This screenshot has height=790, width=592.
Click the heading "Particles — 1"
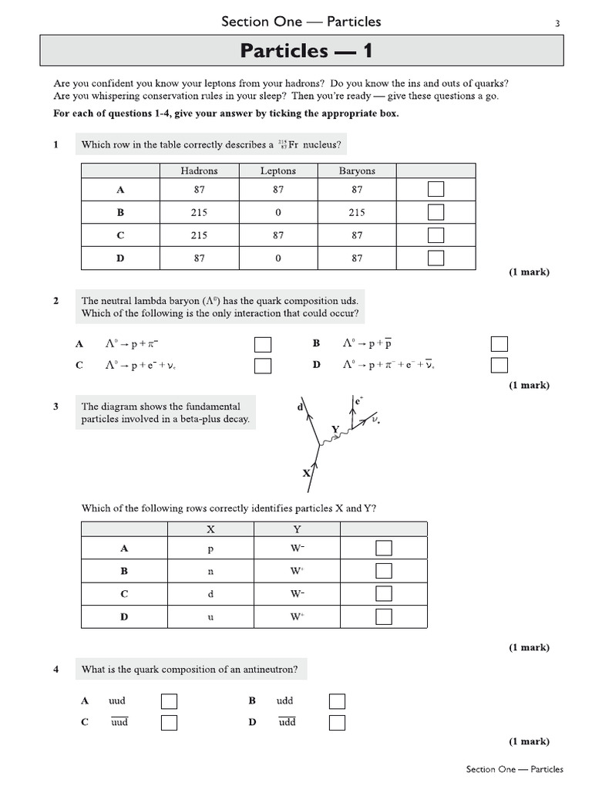pyautogui.click(x=307, y=51)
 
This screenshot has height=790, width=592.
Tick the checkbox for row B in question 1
pyautogui.click(x=436, y=212)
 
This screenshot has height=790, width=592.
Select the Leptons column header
pyautogui.click(x=277, y=170)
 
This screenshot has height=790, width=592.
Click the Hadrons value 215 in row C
pyautogui.click(x=199, y=235)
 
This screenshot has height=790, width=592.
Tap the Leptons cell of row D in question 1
pyautogui.click(x=277, y=258)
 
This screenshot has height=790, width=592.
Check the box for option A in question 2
pyautogui.click(x=263, y=344)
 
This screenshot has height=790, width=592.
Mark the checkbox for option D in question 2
pyautogui.click(x=499, y=365)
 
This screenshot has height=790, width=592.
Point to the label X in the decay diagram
pyautogui.click(x=306, y=474)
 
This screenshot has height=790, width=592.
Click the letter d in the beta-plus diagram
pyautogui.click(x=300, y=407)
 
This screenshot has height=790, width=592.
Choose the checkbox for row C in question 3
pyautogui.click(x=384, y=593)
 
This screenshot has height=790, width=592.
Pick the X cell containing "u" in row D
pyautogui.click(x=210, y=617)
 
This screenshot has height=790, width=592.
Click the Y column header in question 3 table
pyautogui.click(x=297, y=529)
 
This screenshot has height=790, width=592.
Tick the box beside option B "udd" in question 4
pyautogui.click(x=337, y=701)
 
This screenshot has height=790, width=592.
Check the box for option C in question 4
pyautogui.click(x=169, y=723)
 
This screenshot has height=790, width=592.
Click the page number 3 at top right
pyautogui.click(x=557, y=24)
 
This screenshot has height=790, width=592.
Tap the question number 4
pyautogui.click(x=56, y=670)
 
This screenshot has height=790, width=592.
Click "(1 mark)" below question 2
pyautogui.click(x=529, y=385)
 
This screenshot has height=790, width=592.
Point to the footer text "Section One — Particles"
pyautogui.click(x=514, y=769)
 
